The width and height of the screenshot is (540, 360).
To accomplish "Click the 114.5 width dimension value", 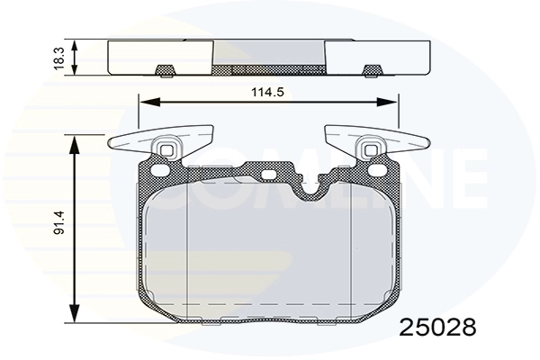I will (266, 91).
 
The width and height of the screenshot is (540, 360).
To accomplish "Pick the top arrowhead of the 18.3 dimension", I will (76, 44).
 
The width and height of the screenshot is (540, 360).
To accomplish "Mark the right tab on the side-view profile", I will (369, 71).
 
